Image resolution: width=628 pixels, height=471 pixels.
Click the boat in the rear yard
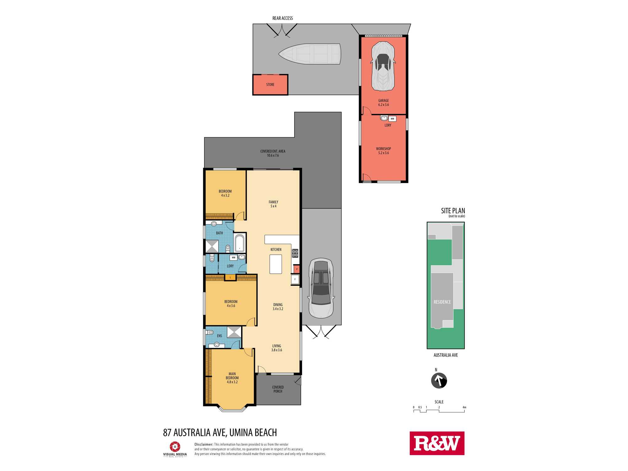(x=310, y=54)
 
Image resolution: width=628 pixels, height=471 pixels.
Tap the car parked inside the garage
(x=383, y=66)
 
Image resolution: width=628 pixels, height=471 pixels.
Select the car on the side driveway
(x=321, y=288)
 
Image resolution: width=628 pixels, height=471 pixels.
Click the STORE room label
(x=270, y=84)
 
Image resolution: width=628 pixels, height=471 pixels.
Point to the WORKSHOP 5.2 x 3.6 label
(x=383, y=151)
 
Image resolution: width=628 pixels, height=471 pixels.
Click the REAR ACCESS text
(x=283, y=18)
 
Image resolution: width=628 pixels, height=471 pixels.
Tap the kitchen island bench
(x=276, y=264)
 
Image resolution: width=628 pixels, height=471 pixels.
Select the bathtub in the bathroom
(x=240, y=243)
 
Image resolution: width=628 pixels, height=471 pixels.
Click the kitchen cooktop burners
(x=295, y=253)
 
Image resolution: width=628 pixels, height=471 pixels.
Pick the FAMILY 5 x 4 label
(x=273, y=204)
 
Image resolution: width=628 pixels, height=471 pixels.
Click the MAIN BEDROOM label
(x=232, y=376)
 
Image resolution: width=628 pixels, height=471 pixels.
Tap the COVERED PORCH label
(x=278, y=389)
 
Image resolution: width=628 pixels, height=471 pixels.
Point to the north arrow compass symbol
(x=439, y=381)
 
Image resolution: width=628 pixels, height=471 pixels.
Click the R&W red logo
(x=437, y=443)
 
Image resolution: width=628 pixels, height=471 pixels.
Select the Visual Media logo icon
(x=175, y=447)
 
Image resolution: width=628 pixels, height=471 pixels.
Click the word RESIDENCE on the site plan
(x=442, y=302)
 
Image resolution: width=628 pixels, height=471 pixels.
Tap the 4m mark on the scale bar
(x=464, y=408)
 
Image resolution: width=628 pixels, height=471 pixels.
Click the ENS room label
(x=219, y=336)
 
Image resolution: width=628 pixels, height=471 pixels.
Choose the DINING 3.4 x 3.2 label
(x=278, y=307)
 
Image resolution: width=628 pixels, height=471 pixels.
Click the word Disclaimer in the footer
(x=204, y=444)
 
